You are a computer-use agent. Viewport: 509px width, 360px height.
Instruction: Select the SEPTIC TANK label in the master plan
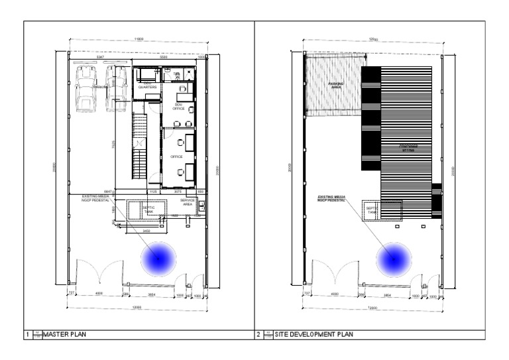(x=148, y=209)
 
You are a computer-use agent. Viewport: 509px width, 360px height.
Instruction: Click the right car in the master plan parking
(x=117, y=90)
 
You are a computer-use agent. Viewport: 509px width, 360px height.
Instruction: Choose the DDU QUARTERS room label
(x=147, y=85)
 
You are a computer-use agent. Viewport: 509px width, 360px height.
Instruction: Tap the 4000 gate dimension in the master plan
(x=99, y=293)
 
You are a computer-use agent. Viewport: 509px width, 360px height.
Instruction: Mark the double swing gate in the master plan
(x=100, y=273)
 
